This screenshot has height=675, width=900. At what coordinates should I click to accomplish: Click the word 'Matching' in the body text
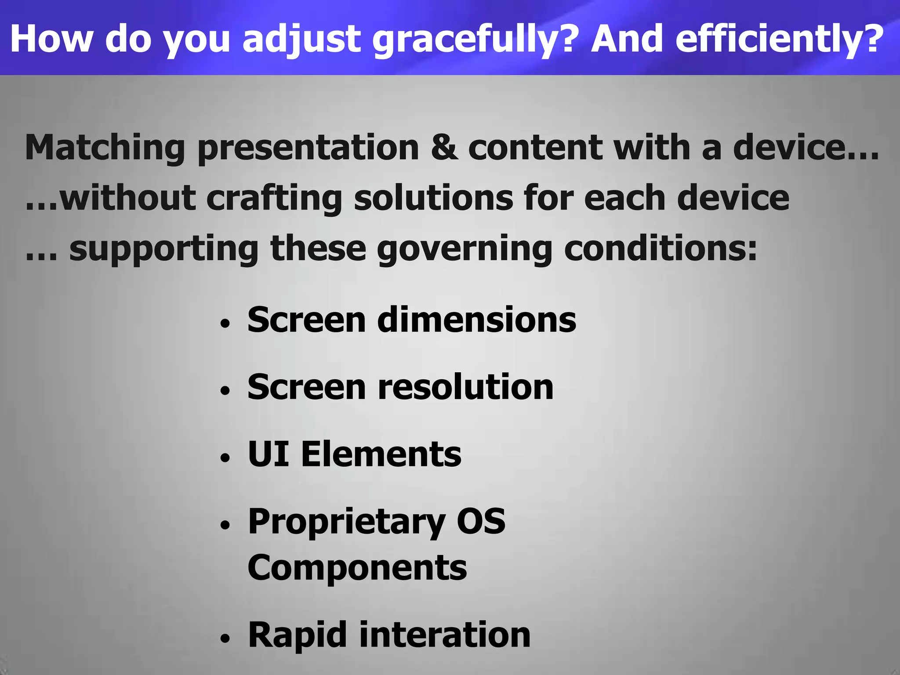(105, 148)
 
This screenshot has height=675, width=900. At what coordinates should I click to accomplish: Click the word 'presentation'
(308, 148)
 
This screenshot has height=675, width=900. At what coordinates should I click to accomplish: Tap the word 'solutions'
(433, 198)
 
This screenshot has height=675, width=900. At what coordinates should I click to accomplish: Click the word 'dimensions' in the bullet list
(477, 319)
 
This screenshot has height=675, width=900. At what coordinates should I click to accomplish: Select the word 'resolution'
(466, 387)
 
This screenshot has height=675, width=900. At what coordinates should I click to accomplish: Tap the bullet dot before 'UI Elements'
(225, 458)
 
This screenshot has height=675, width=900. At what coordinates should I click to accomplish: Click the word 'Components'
(357, 568)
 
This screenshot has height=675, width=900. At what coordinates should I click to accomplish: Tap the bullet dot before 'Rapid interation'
(225, 639)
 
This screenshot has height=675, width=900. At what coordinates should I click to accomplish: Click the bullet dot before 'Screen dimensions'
(225, 324)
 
